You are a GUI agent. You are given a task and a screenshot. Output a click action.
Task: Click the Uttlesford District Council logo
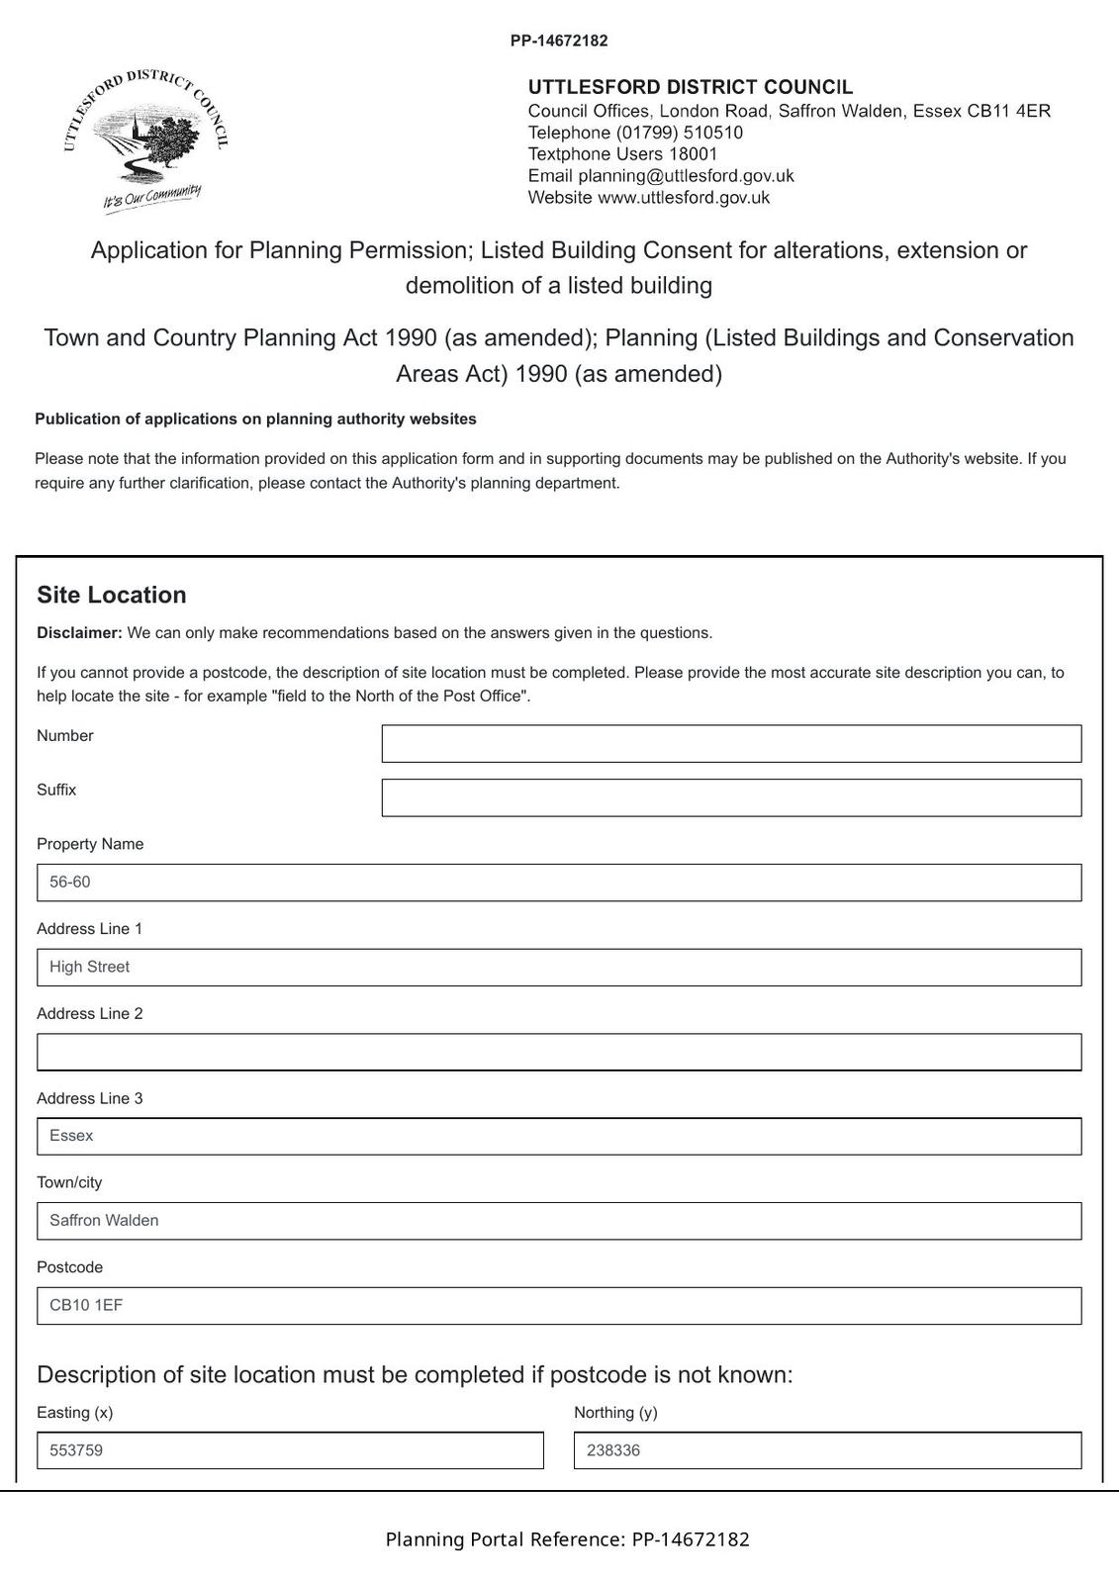146,139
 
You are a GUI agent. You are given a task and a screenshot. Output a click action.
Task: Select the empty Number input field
731,744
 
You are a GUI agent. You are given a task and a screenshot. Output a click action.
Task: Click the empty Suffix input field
731,797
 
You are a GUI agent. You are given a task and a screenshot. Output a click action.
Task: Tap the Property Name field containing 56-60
559,883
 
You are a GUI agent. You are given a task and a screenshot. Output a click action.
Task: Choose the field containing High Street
559,968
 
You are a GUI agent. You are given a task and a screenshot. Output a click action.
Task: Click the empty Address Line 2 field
559,1052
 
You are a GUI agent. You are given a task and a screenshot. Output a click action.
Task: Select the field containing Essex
559,1137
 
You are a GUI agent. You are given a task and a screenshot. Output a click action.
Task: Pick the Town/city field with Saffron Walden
559,1221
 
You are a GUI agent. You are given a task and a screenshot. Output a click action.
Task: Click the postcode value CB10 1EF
87,1306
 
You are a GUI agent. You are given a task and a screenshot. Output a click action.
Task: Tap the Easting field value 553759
77,1451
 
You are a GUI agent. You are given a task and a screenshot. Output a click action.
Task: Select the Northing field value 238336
613,1451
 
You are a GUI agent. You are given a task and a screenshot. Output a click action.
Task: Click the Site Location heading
112,595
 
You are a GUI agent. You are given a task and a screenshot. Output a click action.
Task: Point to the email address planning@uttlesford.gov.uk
686,176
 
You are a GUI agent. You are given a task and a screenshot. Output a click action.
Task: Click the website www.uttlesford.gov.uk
684,198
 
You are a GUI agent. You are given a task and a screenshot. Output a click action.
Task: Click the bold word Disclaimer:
79,633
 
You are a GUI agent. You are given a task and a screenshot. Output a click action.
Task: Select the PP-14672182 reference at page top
559,42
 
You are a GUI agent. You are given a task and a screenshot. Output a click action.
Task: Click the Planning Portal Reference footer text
567,1539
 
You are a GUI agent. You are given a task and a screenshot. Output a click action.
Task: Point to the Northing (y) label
615,1413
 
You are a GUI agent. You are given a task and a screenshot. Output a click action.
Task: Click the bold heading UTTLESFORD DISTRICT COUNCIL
691,87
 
